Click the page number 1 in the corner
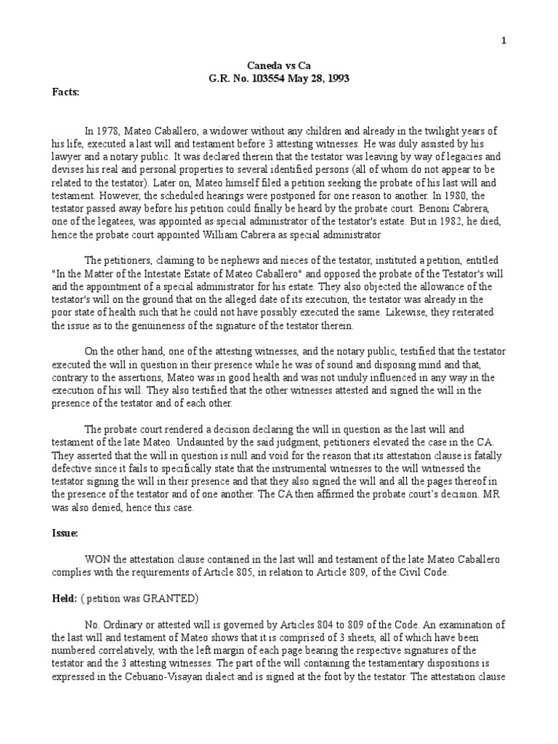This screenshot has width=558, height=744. pos(504,41)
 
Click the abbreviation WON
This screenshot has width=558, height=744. pos(98,559)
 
